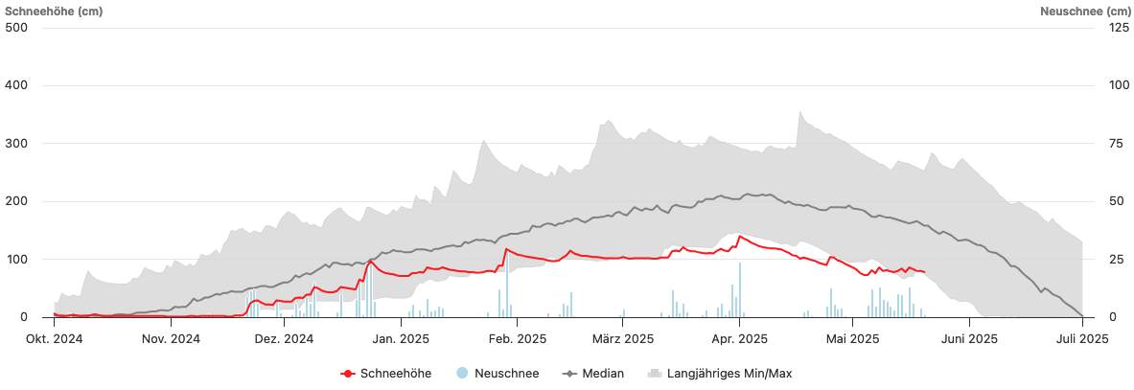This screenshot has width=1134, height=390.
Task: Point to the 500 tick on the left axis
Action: tap(16, 27)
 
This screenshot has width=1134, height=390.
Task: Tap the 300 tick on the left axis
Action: tap(16, 144)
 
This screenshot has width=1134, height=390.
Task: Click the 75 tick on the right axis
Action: tap(1113, 144)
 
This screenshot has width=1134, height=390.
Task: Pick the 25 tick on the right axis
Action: tap(1113, 260)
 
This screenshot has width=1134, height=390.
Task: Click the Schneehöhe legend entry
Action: tap(386, 374)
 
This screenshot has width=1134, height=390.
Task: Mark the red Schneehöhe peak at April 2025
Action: tap(739, 236)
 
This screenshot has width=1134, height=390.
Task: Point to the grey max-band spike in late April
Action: tap(799, 112)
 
